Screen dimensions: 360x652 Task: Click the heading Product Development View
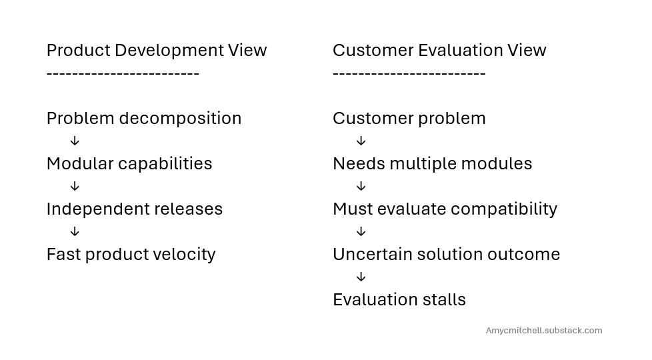tap(156, 50)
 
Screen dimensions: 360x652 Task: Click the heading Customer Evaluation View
tap(439, 50)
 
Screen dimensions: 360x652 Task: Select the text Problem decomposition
tap(144, 119)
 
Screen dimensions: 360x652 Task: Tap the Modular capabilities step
tap(129, 164)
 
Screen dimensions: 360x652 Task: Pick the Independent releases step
tap(135, 209)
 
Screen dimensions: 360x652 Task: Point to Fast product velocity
tap(131, 254)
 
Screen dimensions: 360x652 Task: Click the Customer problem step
tap(409, 119)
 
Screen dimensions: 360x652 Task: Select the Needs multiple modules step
tap(432, 164)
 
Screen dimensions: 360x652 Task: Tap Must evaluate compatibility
tap(445, 209)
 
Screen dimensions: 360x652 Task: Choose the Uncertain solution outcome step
tap(446, 254)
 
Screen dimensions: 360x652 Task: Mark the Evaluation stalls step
tap(399, 299)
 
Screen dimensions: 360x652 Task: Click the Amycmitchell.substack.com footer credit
tap(543, 331)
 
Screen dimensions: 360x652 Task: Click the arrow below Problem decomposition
tap(75, 141)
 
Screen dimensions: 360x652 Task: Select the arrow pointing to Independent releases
tap(75, 187)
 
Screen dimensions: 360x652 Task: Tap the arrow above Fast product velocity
tap(75, 232)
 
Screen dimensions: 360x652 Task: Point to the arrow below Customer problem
tap(361, 141)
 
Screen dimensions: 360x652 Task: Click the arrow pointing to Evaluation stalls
tap(361, 277)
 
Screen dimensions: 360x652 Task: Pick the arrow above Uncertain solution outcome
tap(361, 232)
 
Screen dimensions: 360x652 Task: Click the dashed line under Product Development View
tap(123, 73)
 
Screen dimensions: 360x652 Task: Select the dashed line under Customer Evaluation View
tap(409, 73)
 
